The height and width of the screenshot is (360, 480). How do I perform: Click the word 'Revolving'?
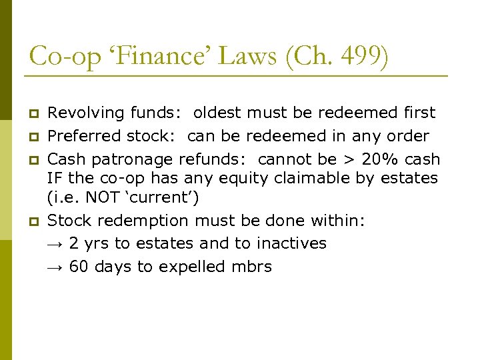[81, 113]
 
